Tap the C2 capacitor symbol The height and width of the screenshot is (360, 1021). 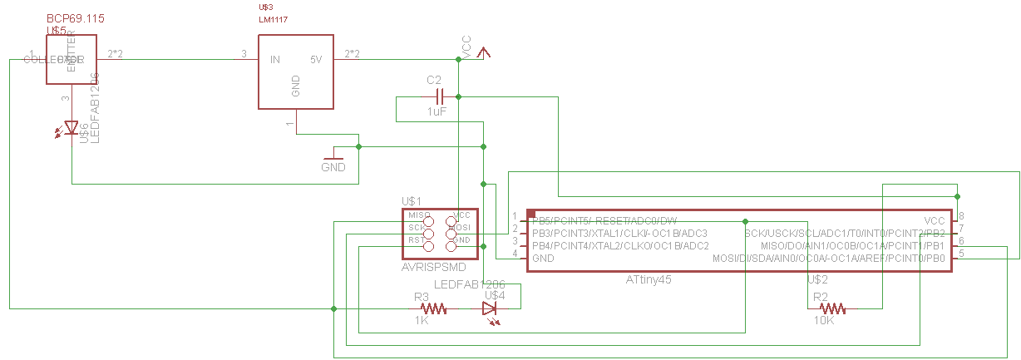pyautogui.click(x=437, y=96)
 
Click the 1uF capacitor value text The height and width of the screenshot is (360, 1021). pyautogui.click(x=439, y=111)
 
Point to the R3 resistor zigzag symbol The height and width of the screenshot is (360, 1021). pyautogui.click(x=434, y=308)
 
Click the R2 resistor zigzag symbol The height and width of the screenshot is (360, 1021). pyautogui.click(x=833, y=308)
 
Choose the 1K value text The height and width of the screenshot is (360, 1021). pyautogui.click(x=422, y=320)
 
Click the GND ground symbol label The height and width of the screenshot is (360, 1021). pyautogui.click(x=333, y=167)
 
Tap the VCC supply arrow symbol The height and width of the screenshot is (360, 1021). pyautogui.click(x=485, y=52)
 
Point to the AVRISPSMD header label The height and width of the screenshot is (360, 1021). pyautogui.click(x=433, y=268)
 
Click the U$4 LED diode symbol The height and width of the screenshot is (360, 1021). pyautogui.click(x=490, y=308)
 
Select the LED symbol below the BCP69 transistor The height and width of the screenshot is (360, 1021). pyautogui.click(x=72, y=128)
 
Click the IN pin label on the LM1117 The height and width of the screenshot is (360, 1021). pyautogui.click(x=274, y=60)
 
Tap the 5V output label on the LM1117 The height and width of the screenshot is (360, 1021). pyautogui.click(x=316, y=60)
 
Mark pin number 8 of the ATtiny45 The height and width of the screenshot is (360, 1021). pyautogui.click(x=961, y=216)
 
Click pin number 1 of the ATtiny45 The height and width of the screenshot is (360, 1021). pyautogui.click(x=515, y=216)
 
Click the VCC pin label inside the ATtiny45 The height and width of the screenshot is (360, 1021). pyautogui.click(x=935, y=220)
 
